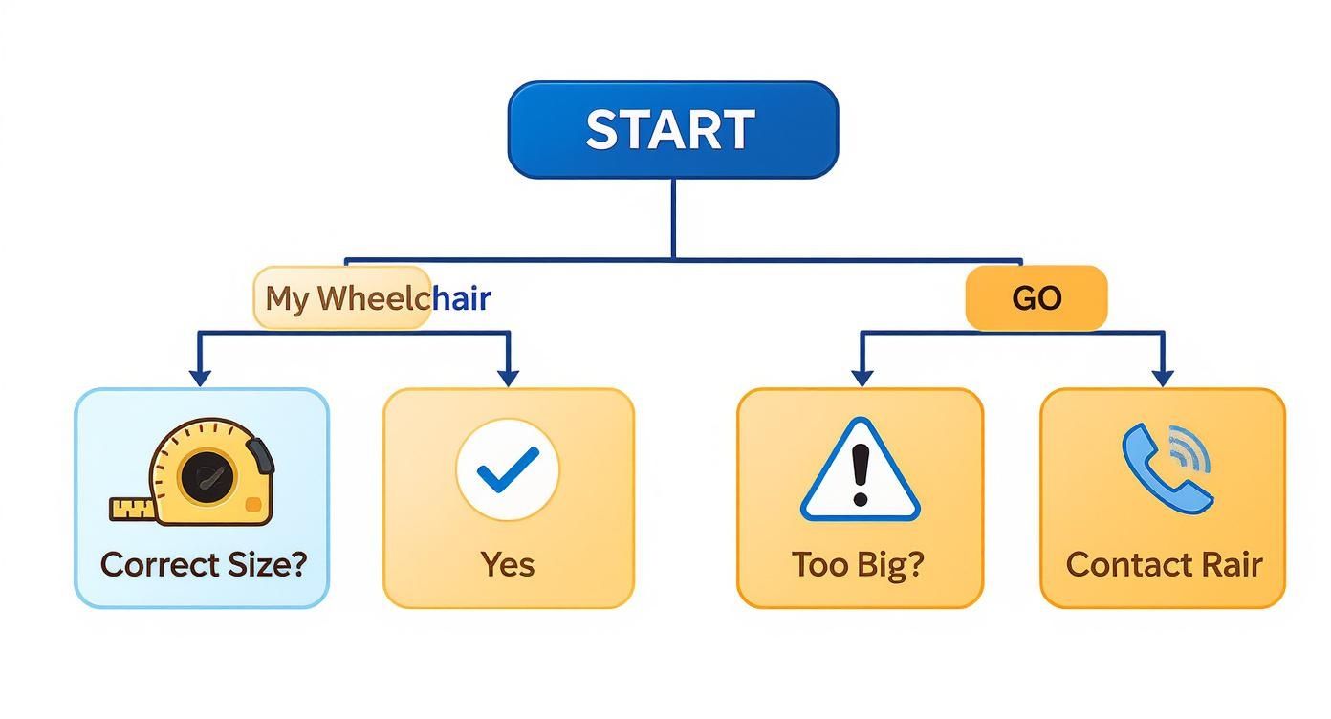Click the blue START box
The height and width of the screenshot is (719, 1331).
(x=672, y=130)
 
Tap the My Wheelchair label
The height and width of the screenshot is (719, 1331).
(x=377, y=298)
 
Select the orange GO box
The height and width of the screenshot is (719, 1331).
(x=1036, y=298)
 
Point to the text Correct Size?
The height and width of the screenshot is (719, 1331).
(x=203, y=564)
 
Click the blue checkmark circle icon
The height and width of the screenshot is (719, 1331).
(x=508, y=469)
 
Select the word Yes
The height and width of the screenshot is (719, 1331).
(x=508, y=564)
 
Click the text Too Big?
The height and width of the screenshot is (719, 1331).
(x=859, y=564)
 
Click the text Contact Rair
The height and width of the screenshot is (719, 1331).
(x=1164, y=564)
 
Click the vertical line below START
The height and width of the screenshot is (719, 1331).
(x=673, y=218)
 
